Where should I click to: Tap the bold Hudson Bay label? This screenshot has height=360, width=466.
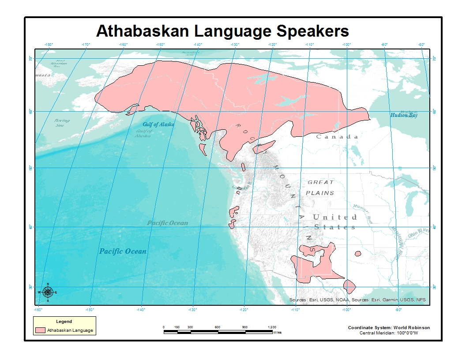pyautogui.click(x=403, y=115)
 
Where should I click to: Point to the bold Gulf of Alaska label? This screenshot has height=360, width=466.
pyautogui.click(x=158, y=124)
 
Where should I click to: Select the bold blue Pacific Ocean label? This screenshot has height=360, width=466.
pyautogui.click(x=123, y=251)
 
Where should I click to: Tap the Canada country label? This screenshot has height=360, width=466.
pyautogui.click(x=337, y=137)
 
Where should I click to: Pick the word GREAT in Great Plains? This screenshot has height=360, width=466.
pyautogui.click(x=321, y=182)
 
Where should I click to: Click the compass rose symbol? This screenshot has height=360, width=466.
pyautogui.click(x=48, y=292)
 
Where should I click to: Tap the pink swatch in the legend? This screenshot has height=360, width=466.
pyautogui.click(x=41, y=330)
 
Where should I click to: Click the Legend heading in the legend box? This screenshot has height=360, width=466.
pyautogui.click(x=64, y=322)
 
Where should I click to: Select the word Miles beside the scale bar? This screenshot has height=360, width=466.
pyautogui.click(x=277, y=332)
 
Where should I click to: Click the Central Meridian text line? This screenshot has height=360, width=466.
pyautogui.click(x=388, y=333)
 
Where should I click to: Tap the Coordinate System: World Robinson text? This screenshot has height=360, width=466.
pyautogui.click(x=388, y=327)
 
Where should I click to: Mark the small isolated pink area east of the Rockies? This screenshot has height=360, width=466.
pyautogui.click(x=357, y=254)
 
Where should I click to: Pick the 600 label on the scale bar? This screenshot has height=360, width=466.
pyautogui.click(x=218, y=327)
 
